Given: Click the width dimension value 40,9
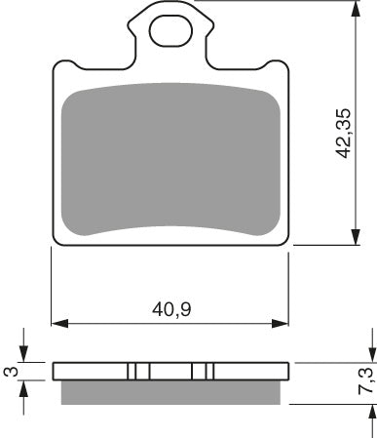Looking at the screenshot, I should click(170, 311).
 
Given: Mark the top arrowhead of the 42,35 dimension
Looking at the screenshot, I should click(352, 7).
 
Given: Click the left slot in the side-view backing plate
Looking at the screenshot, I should click(137, 371).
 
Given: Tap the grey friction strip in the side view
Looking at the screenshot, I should click(170, 390).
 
